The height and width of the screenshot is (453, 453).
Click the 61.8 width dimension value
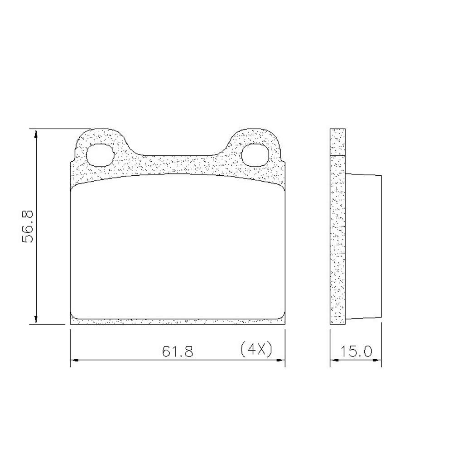(178, 352)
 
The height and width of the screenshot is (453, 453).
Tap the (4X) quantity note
(256, 350)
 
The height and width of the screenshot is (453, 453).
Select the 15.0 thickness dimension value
(356, 352)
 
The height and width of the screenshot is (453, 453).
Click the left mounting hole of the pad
(100, 155)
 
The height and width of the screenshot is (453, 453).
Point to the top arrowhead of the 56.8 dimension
(35, 134)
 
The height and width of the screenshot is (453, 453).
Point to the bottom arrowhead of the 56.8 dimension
(35, 319)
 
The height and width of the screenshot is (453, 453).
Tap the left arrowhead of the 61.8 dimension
(75, 360)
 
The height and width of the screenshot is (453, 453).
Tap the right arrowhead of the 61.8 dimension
(281, 360)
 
